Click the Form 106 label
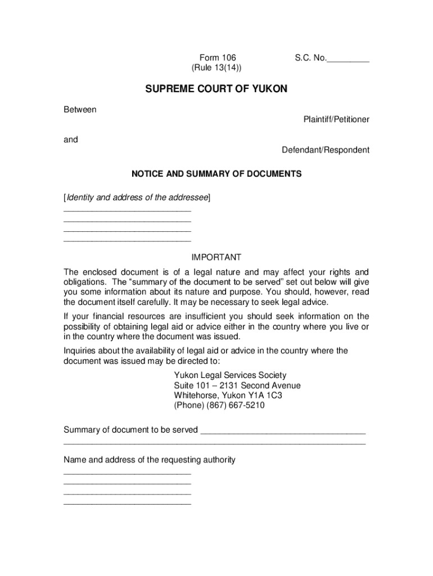[x=218, y=58]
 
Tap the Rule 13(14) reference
[x=218, y=68]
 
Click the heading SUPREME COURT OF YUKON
[x=216, y=89]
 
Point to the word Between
[x=80, y=110]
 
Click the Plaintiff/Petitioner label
[x=336, y=120]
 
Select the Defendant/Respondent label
[x=326, y=150]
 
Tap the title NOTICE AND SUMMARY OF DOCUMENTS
[x=216, y=174]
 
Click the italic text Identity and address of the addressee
[x=137, y=197]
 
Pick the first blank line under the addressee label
[x=128, y=211]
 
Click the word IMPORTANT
[x=216, y=258]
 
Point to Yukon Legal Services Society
[x=230, y=375]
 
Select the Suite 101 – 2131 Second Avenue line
[x=237, y=386]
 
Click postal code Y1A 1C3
[x=265, y=396]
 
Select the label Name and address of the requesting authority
[x=149, y=460]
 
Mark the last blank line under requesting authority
[x=128, y=504]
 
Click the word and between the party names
[x=71, y=140]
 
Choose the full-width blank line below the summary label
[x=214, y=444]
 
